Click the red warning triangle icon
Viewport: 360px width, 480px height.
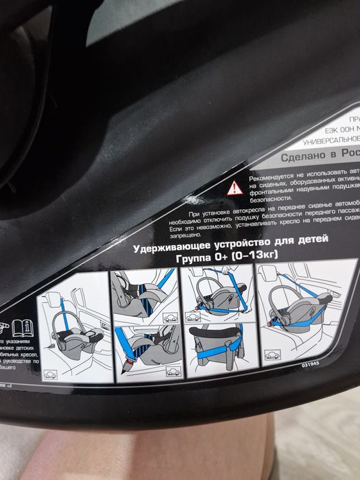pos(235,186)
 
